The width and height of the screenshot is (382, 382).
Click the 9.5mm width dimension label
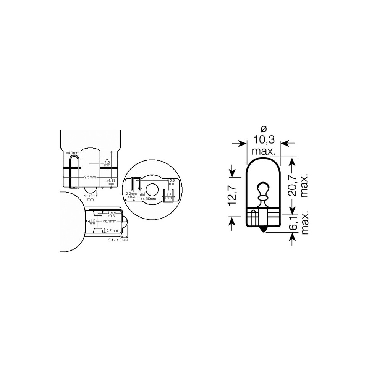pos(90,177)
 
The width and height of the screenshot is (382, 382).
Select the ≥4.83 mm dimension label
pos(111,182)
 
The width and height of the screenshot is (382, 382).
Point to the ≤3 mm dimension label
pos(91,197)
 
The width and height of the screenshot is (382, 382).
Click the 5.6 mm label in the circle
pos(172,182)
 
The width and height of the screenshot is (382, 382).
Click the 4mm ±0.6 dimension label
pos(111,215)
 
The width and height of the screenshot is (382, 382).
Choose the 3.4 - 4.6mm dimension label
pos(118,240)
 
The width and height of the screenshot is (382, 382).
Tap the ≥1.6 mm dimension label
pos(92,222)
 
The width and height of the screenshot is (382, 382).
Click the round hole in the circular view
pos(152,189)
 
